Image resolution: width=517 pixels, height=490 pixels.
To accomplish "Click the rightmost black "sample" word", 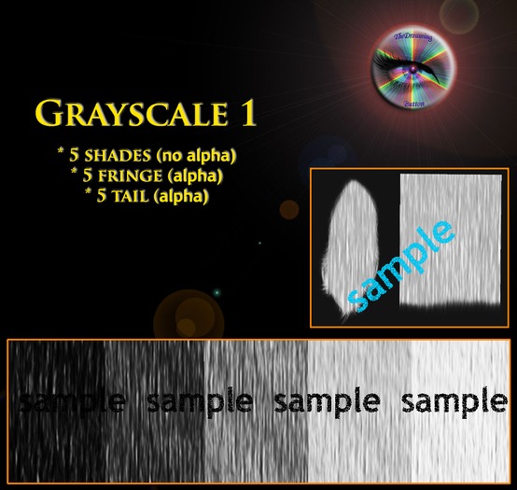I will pos(454,402).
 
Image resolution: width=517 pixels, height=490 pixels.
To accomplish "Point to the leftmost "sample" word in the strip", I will pos(71,402).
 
